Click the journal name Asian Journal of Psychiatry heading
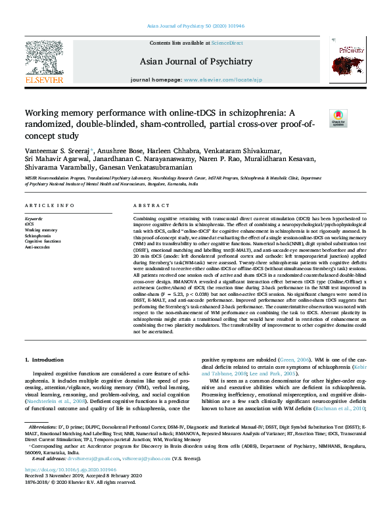pyautogui.click(x=196, y=62)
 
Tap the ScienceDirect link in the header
pyautogui.click(x=228, y=43)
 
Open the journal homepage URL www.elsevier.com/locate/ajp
pyautogui.click(x=219, y=80)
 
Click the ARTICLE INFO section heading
pyautogui.click(x=49, y=206)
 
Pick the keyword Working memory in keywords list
pyautogui.click(x=41, y=230)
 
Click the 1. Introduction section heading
pyautogui.click(x=44, y=360)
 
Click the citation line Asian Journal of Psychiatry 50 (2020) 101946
pyautogui.click(x=196, y=27)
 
